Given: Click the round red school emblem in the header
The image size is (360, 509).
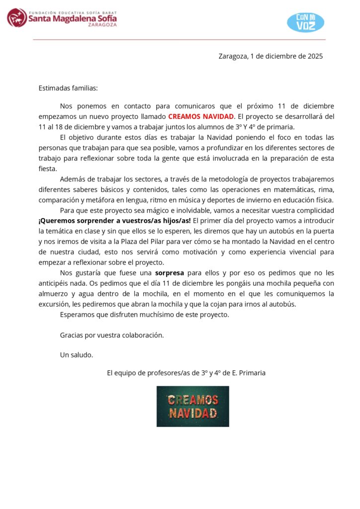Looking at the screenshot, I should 17,17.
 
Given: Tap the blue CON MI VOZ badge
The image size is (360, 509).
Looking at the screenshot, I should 306,22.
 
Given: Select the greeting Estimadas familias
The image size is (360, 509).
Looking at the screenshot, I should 68,88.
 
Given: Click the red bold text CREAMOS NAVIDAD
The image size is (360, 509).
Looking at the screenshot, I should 201,116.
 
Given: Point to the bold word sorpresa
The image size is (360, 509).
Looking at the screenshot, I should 170,273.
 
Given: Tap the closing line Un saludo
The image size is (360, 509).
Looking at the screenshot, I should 77,355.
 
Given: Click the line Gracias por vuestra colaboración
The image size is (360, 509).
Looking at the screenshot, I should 112,335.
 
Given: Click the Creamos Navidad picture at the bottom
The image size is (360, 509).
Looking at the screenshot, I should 193,406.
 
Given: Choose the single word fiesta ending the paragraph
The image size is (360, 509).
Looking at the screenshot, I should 47,169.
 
